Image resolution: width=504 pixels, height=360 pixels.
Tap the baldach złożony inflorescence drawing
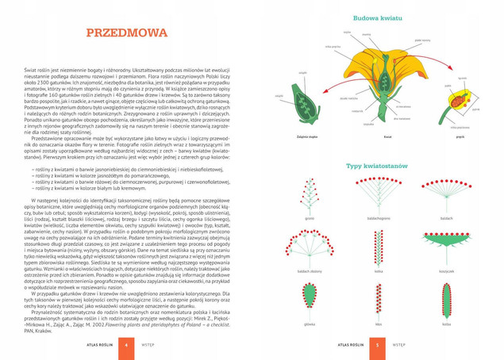[x=310, y=249]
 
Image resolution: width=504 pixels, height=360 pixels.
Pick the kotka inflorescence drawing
[x=379, y=248]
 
